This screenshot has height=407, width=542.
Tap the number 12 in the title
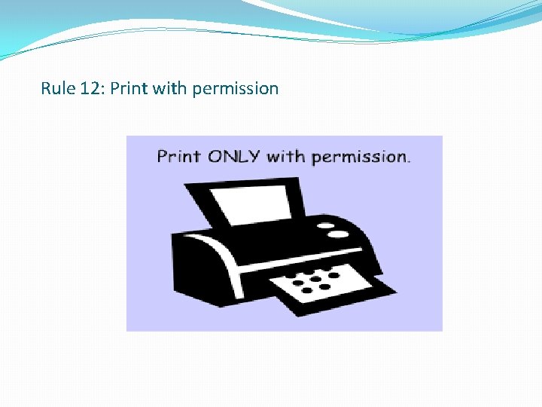pos(90,89)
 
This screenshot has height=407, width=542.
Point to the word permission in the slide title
pos(235,89)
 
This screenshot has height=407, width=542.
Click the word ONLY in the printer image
pos(233,157)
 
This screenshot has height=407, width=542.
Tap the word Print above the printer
pos(178,157)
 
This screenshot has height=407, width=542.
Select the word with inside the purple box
pos(285,157)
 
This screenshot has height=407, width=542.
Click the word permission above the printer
pos(358,157)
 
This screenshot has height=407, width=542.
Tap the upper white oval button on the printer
pos(326,224)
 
